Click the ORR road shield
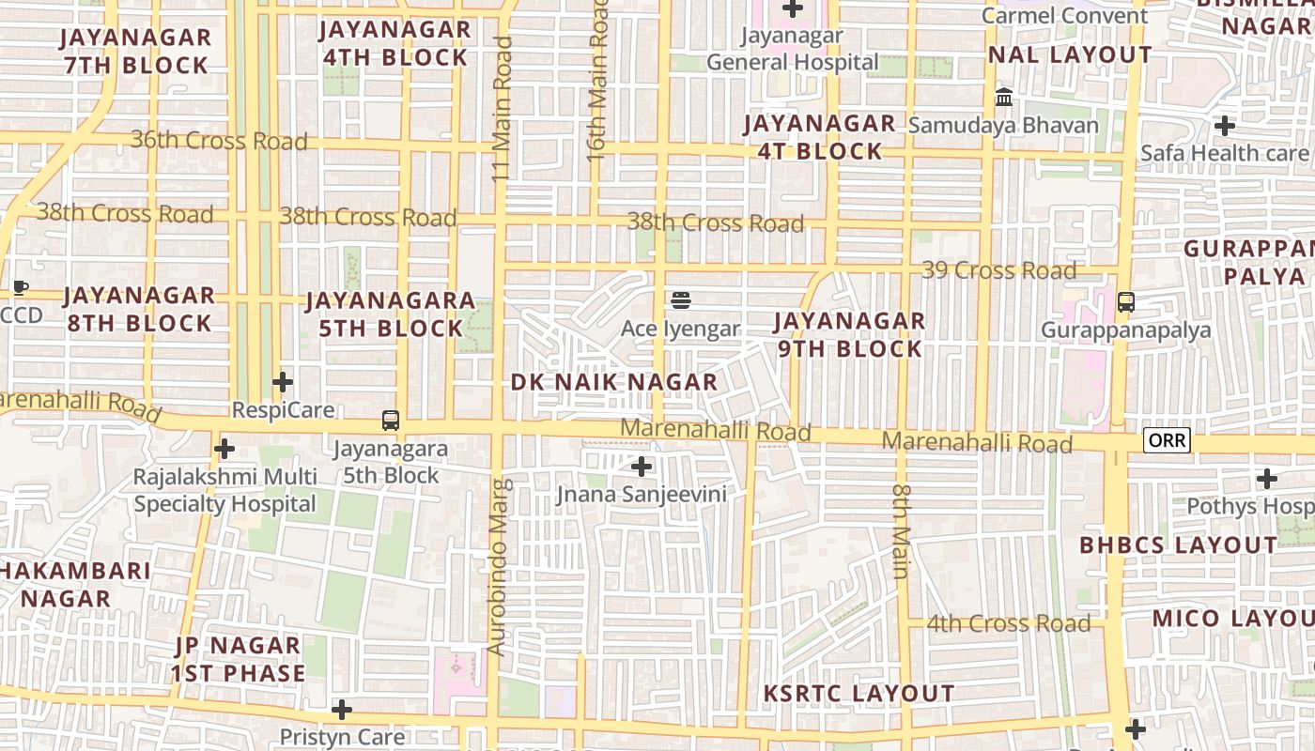[x=1167, y=440]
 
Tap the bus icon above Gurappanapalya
[x=1125, y=302]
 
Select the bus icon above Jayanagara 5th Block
[x=391, y=421]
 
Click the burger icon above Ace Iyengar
[x=681, y=300]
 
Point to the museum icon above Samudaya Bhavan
[x=1003, y=98]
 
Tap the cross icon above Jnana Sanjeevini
[x=642, y=466]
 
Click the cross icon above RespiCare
[x=283, y=382]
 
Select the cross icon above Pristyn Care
[x=342, y=709]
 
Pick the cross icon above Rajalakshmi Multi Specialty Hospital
[x=224, y=449]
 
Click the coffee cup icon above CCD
[x=21, y=287]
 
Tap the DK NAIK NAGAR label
[x=614, y=382]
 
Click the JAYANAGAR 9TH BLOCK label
[x=849, y=335]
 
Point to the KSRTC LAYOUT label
[x=859, y=694]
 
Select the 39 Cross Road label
[x=998, y=270]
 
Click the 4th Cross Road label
[x=1008, y=623]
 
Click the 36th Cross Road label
[x=219, y=141]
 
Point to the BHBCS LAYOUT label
[x=1178, y=545]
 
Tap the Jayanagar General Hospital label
[x=793, y=49]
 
